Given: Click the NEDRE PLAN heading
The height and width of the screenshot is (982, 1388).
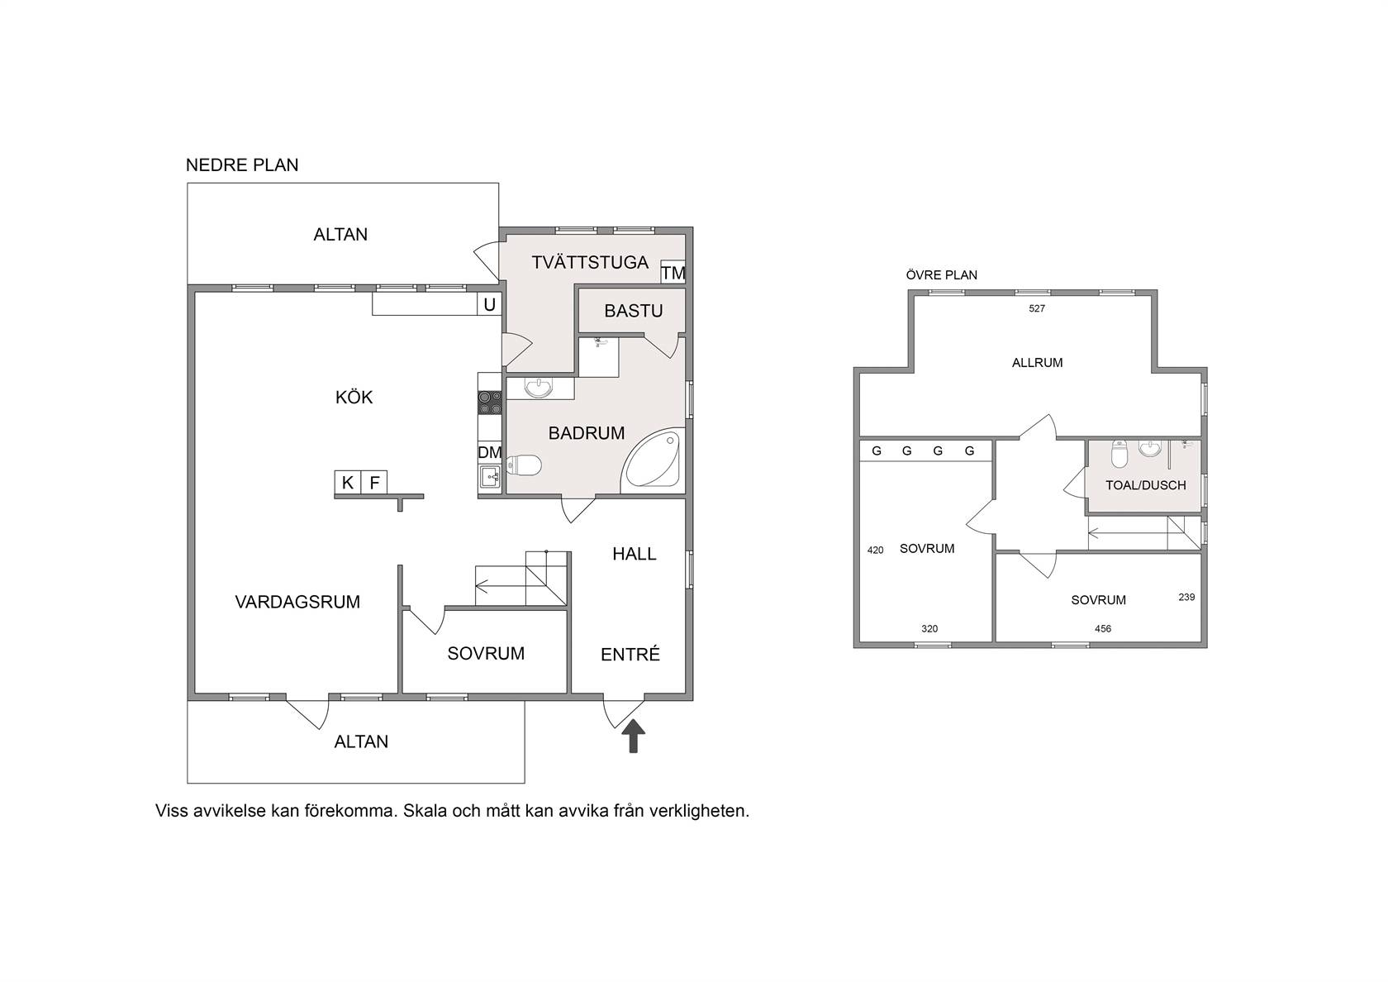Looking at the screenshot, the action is click(x=241, y=165).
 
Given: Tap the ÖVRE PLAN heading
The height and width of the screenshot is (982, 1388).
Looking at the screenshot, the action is click(x=941, y=274).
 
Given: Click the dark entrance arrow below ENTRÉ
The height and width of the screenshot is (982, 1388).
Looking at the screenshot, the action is click(x=633, y=736).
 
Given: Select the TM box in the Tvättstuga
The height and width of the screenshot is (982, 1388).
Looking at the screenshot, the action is click(x=673, y=272).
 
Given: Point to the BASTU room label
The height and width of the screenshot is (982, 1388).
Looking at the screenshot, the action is click(x=633, y=311).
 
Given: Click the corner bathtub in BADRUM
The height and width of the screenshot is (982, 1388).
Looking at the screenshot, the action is click(x=654, y=460).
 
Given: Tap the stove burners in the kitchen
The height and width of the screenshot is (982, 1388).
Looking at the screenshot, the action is click(x=489, y=403).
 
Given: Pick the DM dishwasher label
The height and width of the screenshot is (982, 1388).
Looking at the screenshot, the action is click(x=489, y=452).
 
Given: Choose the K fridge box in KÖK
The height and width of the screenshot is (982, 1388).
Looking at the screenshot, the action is click(x=348, y=483).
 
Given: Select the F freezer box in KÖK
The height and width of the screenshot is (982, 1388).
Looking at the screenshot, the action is click(x=374, y=483).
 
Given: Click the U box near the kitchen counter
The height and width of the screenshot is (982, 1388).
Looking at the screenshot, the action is click(x=489, y=304).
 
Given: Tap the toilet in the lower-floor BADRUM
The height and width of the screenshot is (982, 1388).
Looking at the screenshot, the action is click(x=524, y=465).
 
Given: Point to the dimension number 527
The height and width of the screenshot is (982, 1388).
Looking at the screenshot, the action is click(x=1037, y=308).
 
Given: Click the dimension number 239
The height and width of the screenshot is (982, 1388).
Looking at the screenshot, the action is click(x=1186, y=597).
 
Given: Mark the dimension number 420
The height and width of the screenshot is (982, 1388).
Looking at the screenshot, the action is click(x=876, y=550).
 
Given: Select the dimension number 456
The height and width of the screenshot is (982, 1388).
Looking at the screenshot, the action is click(x=1103, y=628).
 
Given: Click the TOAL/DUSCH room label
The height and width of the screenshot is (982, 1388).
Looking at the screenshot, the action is click(x=1146, y=485).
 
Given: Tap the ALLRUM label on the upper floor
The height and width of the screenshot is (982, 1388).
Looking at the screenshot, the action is click(x=1038, y=363).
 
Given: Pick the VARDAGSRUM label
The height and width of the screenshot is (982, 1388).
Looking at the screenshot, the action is click(x=297, y=602).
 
